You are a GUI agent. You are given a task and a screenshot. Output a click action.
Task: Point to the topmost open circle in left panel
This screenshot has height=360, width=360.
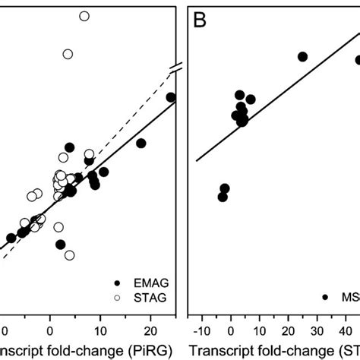[84, 15]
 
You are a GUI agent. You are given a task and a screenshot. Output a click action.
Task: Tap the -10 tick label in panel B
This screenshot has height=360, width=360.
[201, 331]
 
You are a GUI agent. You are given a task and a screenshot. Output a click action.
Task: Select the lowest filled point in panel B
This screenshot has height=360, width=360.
[223, 197]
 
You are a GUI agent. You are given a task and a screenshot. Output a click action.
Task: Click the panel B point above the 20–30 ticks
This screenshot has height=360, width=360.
[302, 57]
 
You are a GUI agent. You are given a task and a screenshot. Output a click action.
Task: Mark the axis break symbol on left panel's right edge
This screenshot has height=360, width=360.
[176, 71]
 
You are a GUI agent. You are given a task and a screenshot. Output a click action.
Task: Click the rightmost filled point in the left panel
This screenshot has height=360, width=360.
[171, 97]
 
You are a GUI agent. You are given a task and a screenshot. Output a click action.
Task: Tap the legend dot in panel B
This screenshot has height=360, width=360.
[326, 298]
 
